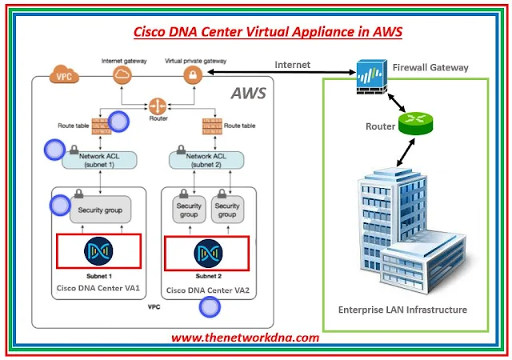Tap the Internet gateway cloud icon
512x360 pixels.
click(x=122, y=75)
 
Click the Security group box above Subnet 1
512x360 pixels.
click(x=100, y=210)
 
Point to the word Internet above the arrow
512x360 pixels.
click(x=293, y=64)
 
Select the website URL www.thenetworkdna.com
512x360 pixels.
click(x=246, y=338)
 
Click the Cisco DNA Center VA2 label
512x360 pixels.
click(x=203, y=289)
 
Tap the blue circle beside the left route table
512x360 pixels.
click(x=118, y=122)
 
